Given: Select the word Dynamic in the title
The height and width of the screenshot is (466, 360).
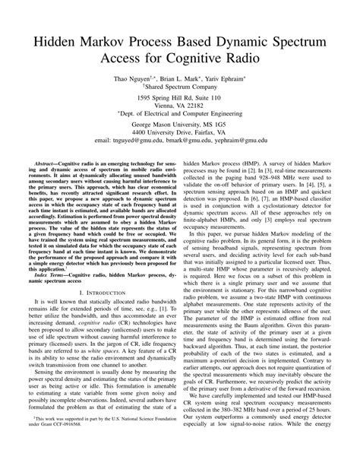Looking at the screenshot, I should (245, 39).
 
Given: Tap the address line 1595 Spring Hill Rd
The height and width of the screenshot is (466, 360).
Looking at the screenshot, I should (180, 100).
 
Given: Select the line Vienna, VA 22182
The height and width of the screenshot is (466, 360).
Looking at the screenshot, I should (180, 108).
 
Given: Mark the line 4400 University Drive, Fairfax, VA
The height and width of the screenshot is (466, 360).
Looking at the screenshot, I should (180, 133).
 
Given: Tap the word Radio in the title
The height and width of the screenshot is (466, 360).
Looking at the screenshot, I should (251, 57).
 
